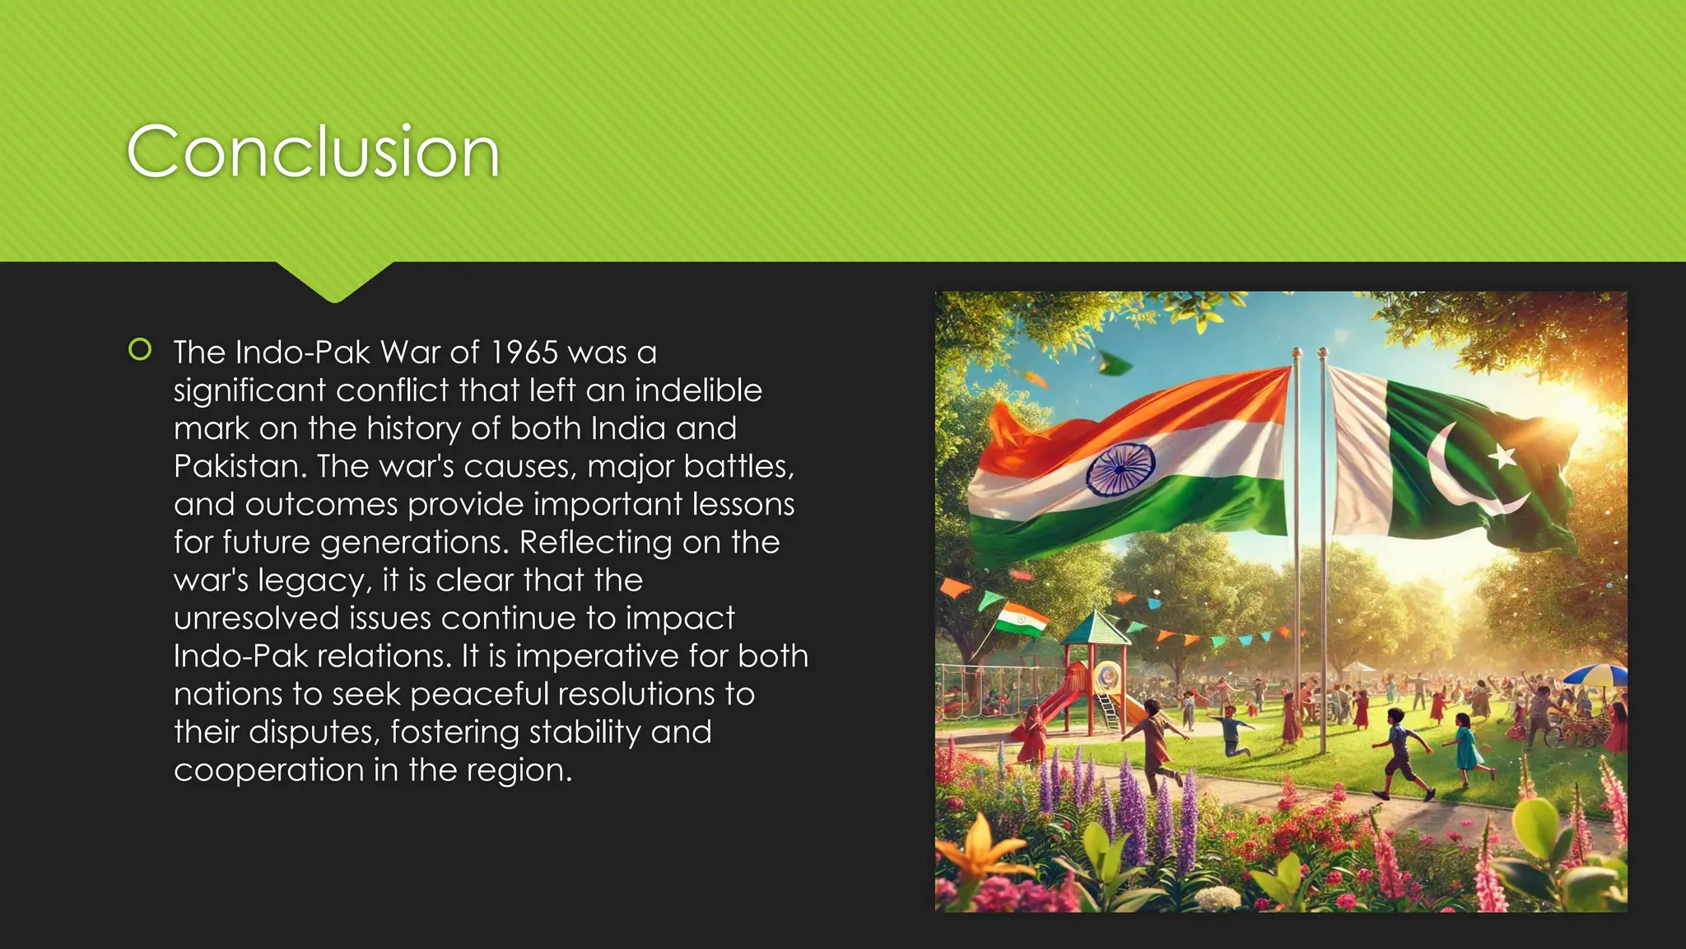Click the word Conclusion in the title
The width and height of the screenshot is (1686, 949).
313,152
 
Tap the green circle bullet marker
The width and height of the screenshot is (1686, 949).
140,350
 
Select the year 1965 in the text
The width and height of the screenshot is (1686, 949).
524,353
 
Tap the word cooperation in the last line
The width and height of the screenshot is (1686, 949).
268,770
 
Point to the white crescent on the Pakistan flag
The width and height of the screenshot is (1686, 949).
1461,478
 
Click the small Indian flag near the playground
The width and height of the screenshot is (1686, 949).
1022,619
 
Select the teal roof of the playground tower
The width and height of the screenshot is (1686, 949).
1095,630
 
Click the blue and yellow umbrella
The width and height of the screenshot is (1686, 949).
1595,675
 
